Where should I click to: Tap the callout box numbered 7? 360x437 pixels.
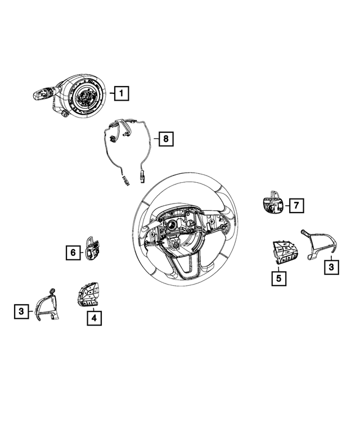[x=296, y=206]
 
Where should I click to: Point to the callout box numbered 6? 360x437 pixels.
[x=73, y=253]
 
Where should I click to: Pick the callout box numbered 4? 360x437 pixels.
[x=94, y=318]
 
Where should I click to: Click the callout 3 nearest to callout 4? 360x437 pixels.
[x=21, y=310]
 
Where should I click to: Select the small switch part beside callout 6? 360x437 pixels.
[x=92, y=248]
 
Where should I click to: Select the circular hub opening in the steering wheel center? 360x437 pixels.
[x=172, y=229]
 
